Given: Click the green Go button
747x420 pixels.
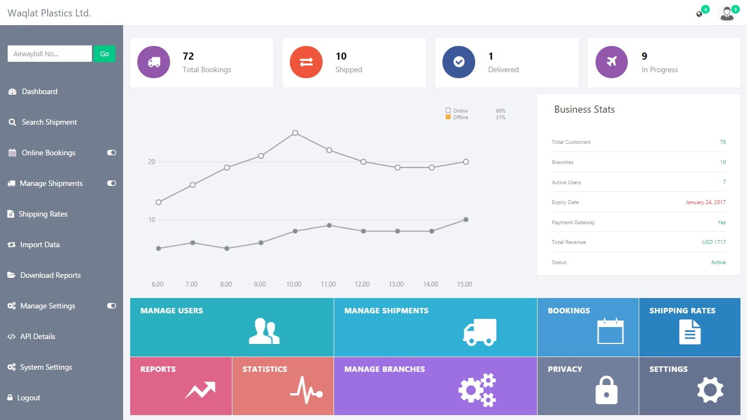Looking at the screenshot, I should coord(104,54).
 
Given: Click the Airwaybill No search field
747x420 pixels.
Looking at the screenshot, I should coord(49,54).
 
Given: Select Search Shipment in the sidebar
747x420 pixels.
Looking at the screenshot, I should coord(49,122).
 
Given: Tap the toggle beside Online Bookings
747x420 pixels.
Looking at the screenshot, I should coord(112,153).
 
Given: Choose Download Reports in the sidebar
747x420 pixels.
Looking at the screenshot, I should coord(50,275).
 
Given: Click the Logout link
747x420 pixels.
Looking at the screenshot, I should coord(28,398).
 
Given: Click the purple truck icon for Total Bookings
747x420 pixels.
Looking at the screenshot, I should coord(154,62).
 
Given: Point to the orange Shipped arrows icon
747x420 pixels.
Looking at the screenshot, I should coord(306,62).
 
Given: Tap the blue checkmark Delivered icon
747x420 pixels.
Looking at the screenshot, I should coord(459,62).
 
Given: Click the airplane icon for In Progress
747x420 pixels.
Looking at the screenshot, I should coord(611,62).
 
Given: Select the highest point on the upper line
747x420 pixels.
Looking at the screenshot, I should coord(295,133).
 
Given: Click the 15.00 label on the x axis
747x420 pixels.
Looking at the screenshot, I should coord(464,284).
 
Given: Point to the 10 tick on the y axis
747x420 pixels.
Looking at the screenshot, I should coord(151,220).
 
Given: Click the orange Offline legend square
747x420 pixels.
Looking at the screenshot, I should coord(448,117).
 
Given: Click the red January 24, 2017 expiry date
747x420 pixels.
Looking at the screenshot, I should coord(705,202).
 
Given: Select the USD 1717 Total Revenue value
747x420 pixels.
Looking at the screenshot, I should coord(714,242).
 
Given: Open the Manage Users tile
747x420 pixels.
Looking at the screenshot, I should coord(232,327).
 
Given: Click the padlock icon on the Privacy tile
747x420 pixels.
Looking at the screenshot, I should coord(606,390).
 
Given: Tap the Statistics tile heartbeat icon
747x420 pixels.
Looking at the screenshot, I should coord(306,390).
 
